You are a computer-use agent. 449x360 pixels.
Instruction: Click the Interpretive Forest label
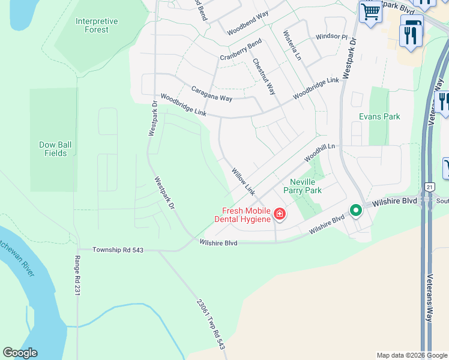click(97, 25)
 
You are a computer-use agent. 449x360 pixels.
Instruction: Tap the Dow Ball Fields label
click(56, 149)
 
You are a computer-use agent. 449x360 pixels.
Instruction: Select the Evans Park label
click(379, 116)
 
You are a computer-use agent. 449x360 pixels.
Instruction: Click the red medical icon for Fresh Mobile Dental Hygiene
click(280, 214)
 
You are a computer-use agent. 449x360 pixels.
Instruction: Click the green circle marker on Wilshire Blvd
click(356, 211)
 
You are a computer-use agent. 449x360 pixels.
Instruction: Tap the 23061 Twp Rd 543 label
click(211, 325)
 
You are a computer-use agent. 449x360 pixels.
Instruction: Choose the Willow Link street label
click(244, 181)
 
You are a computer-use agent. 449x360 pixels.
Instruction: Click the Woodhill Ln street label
click(319, 152)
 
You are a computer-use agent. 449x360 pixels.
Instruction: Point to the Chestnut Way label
click(264, 76)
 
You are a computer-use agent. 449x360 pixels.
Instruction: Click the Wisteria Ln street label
click(292, 46)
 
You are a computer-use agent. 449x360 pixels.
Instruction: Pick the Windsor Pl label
click(332, 37)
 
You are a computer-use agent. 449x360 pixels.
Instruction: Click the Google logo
click(20, 353)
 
